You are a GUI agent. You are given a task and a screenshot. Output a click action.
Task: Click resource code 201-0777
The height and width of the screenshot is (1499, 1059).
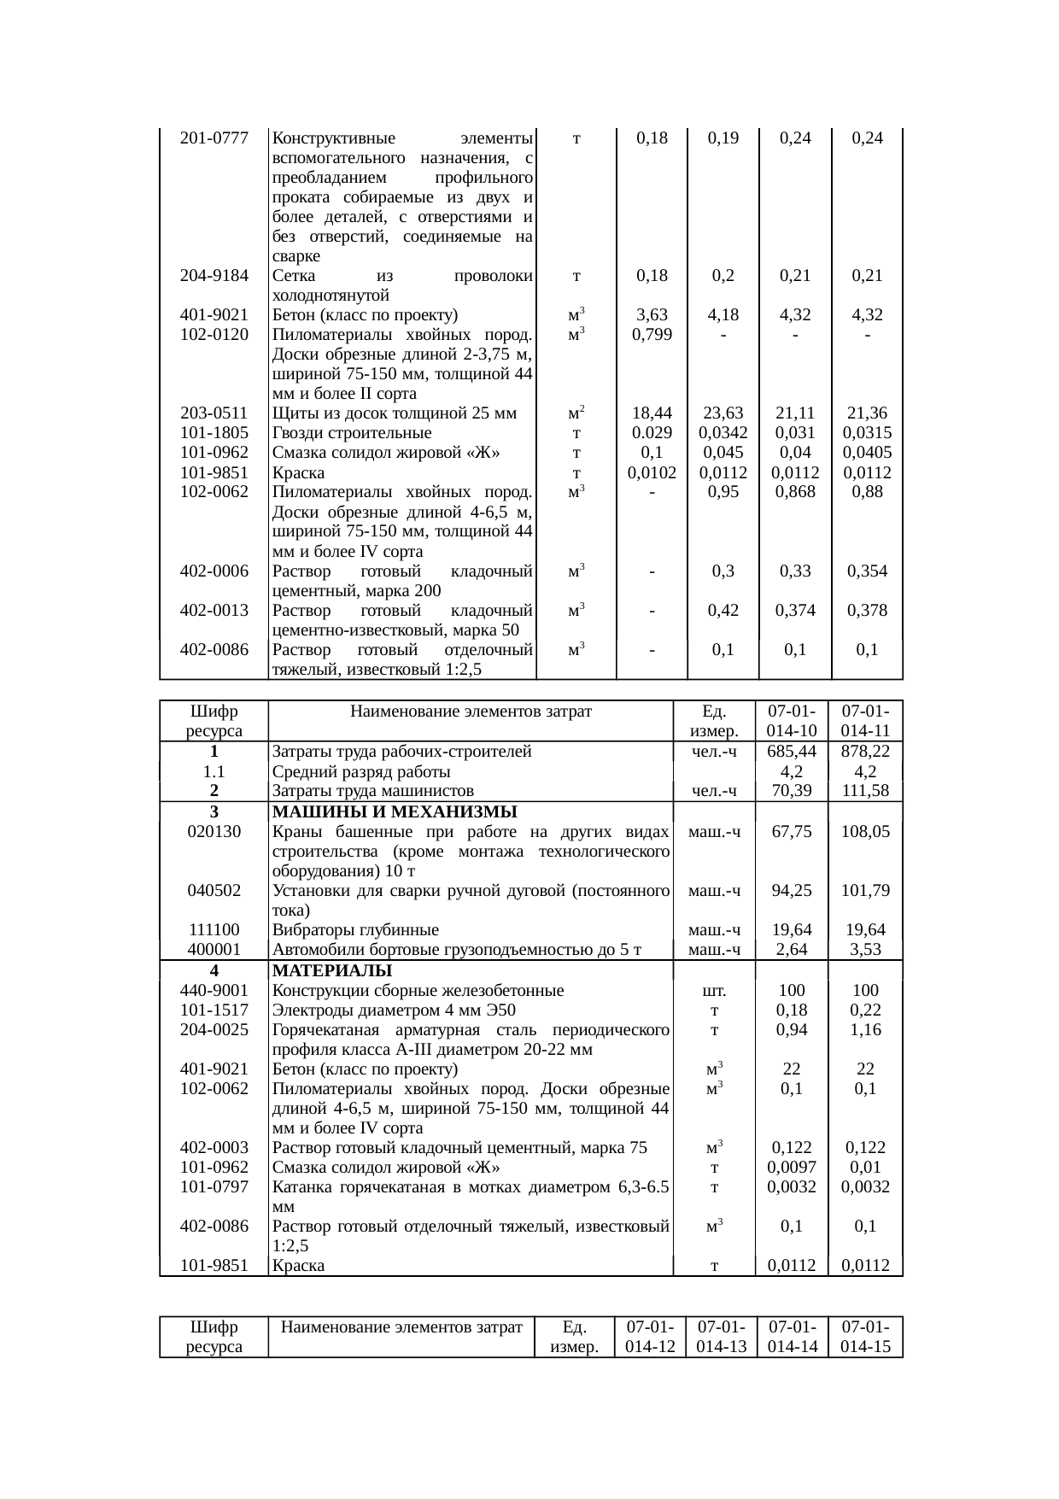click(214, 138)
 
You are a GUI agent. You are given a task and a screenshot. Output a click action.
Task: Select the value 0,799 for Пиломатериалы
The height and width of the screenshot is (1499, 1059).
click(652, 335)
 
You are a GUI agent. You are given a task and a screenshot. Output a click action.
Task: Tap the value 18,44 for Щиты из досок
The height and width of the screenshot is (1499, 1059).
click(652, 413)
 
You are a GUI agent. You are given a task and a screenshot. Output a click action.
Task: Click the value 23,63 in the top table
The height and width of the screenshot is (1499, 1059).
click(723, 413)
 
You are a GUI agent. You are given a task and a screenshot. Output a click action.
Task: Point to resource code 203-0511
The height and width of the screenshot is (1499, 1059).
click(214, 413)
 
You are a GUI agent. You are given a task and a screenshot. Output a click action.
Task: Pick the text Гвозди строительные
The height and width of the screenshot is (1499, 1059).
click(352, 433)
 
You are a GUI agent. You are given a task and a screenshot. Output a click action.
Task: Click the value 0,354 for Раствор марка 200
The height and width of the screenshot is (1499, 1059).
click(867, 571)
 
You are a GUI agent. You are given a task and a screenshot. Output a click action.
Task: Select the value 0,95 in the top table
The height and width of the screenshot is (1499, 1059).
click(723, 492)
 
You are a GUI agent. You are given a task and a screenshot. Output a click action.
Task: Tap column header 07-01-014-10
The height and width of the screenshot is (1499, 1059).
click(792, 720)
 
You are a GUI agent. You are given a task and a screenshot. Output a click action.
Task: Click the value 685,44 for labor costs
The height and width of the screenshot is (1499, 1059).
click(792, 752)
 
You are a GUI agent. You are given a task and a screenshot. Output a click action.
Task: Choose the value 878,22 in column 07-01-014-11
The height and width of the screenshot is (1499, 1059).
click(865, 752)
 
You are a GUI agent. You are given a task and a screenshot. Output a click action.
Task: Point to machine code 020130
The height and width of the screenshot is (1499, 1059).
click(214, 832)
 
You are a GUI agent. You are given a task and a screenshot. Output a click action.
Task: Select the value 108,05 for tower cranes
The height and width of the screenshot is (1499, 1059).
click(865, 832)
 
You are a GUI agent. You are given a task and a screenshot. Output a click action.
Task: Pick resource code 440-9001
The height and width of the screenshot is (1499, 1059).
click(214, 991)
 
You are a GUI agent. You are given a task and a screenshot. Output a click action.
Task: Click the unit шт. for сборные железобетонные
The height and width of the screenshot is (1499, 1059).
click(714, 991)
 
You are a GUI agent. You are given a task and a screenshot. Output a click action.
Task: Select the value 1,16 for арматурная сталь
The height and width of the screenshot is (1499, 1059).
click(865, 1030)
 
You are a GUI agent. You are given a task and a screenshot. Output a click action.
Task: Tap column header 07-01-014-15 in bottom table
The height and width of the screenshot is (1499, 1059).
click(865, 1337)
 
